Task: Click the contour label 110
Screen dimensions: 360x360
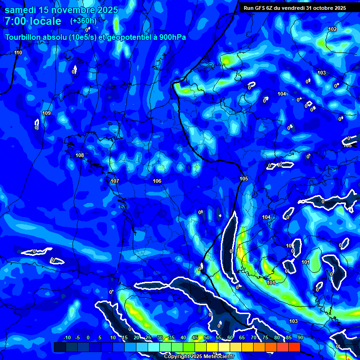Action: pos(18,52)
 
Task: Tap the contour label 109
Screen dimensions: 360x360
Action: pos(46,113)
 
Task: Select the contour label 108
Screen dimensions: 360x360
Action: pos(80,155)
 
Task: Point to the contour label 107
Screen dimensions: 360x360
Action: pos(115,181)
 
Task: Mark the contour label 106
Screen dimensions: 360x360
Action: pos(157,181)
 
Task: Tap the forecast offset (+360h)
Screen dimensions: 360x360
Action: pos(83,21)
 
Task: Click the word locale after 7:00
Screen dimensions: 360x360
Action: pos(45,21)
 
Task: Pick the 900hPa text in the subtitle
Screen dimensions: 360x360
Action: pos(171,37)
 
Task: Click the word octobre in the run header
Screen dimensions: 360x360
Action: pos(322,7)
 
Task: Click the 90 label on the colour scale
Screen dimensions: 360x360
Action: pos(300,338)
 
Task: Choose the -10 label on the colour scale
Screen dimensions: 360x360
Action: pos(66,338)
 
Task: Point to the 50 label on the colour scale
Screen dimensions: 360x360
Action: pos(206,338)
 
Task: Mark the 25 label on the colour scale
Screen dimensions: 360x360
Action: pos(148,338)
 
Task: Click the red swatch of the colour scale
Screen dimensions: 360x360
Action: pos(294,347)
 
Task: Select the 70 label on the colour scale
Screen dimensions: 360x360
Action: pos(253,338)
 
